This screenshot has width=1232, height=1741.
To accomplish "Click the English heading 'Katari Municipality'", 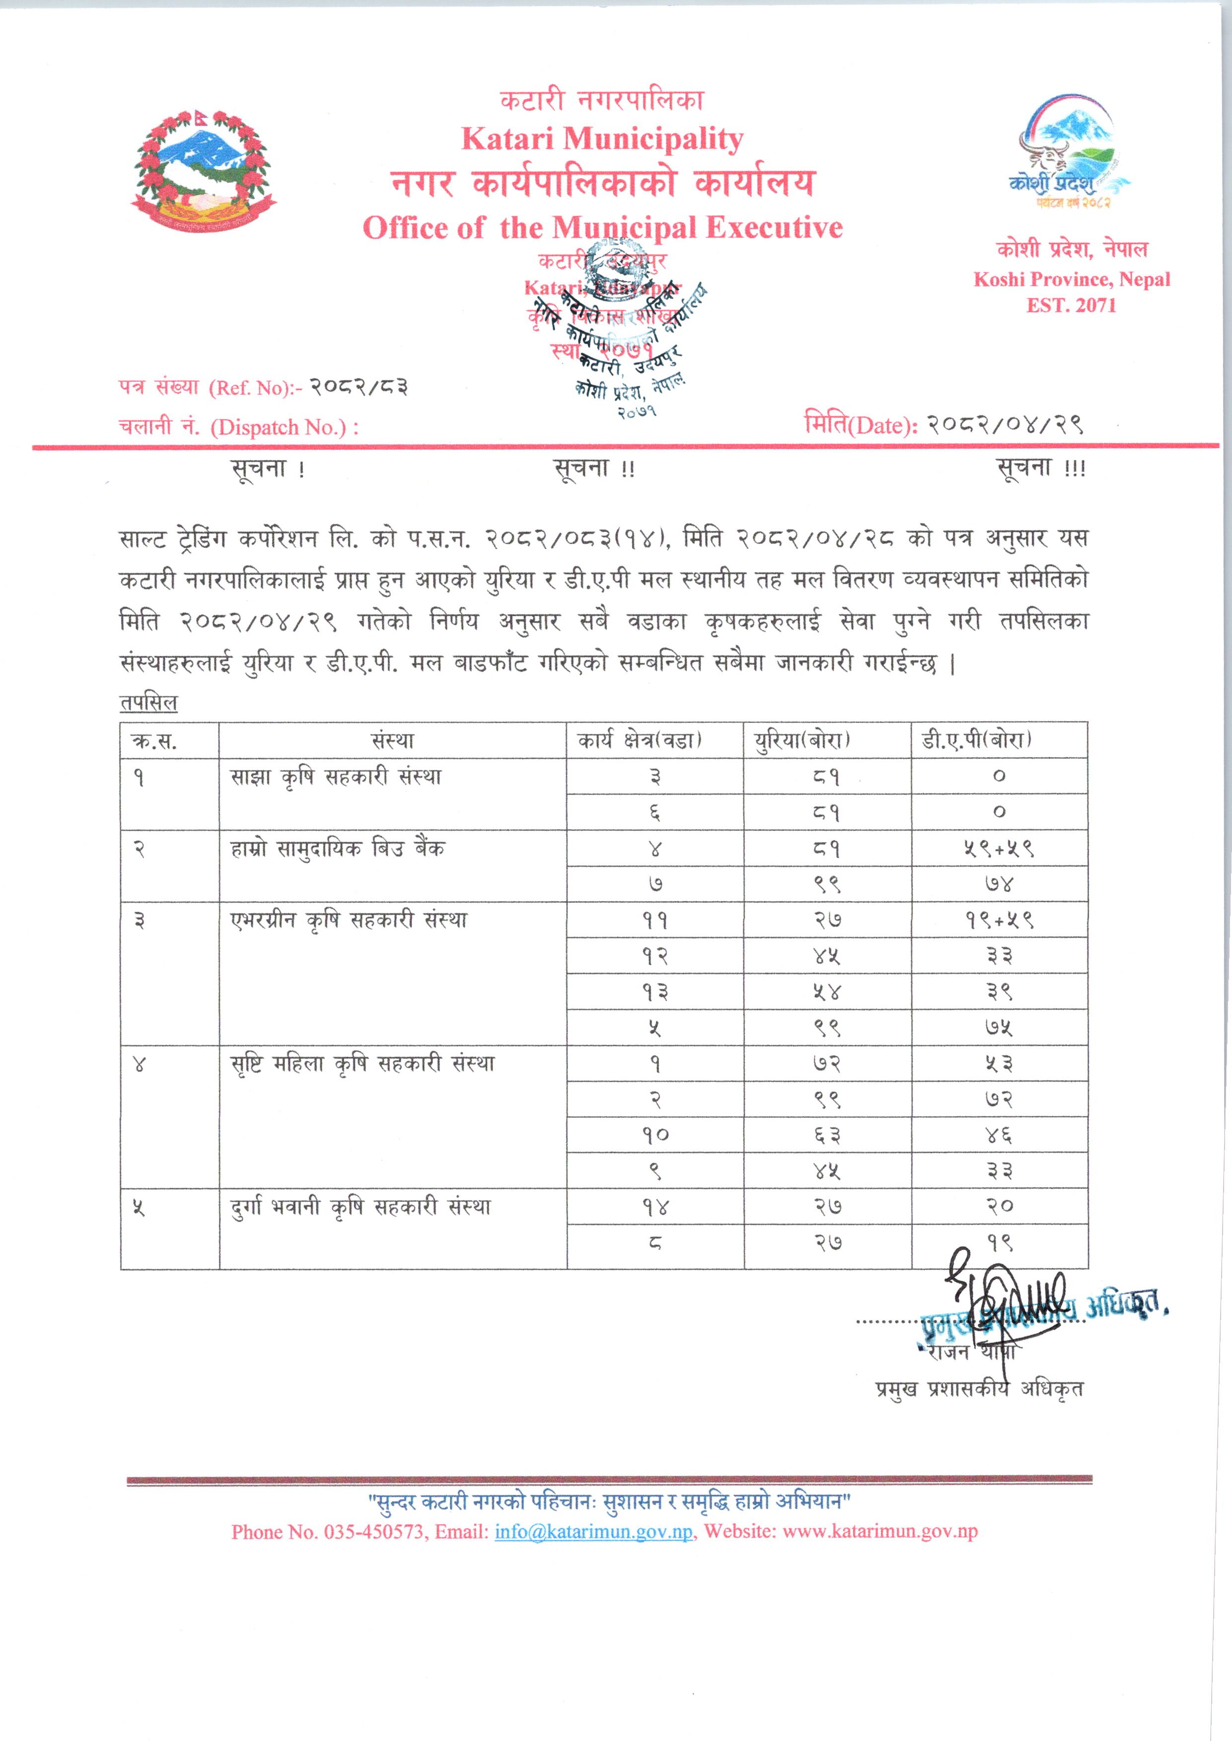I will (x=602, y=139).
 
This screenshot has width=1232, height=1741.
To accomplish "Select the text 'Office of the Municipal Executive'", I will (x=602, y=227).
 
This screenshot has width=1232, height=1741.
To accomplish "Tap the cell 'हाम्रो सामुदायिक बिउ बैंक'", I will (x=338, y=848).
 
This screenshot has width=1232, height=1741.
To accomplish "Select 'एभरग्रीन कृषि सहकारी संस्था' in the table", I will (x=349, y=920).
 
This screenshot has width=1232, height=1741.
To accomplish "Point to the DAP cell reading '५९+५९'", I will (x=999, y=849).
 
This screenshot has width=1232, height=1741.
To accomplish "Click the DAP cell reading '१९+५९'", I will (x=999, y=920).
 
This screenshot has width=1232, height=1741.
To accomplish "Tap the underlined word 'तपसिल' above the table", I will (x=148, y=703).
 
